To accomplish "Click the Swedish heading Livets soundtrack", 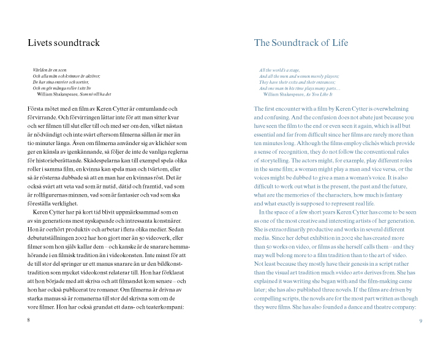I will [x=64, y=43].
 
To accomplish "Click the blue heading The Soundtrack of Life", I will [x=301, y=43].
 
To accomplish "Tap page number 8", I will [x=29, y=320].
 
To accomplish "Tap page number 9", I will [x=420, y=320].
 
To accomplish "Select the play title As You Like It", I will [x=319, y=94].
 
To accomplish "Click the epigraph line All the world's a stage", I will [x=279, y=70].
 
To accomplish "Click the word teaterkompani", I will [x=165, y=306].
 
